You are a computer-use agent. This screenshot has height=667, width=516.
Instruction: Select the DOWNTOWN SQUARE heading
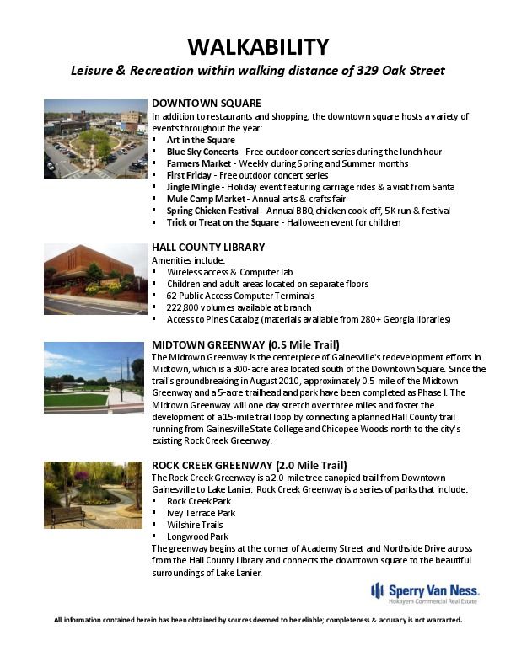tap(200, 104)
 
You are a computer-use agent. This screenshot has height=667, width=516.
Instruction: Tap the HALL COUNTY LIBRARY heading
tap(208, 248)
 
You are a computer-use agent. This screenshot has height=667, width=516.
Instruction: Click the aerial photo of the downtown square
tap(95, 139)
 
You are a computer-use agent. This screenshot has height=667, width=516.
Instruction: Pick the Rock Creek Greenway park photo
tap(95, 496)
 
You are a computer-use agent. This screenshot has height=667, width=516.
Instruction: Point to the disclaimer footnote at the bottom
tap(258, 620)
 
